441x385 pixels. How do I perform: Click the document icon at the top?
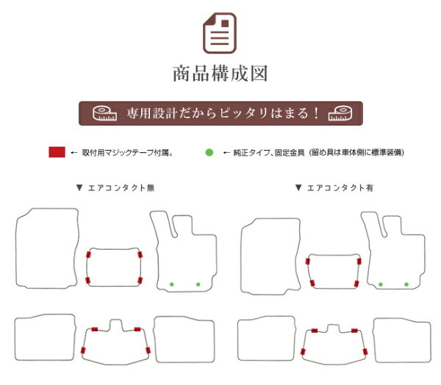220,33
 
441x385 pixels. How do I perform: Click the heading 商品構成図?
220,73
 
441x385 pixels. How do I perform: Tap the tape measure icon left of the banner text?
104,113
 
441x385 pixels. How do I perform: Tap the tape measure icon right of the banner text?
340,113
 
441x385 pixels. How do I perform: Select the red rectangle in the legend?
57,152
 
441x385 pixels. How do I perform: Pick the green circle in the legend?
209,152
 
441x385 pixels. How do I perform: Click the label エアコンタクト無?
121,188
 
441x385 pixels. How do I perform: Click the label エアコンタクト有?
340,188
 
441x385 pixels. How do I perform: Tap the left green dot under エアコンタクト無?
171,284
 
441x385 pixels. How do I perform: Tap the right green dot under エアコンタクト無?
198,284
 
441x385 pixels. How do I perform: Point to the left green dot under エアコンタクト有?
381,284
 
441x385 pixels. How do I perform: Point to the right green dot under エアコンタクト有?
406,284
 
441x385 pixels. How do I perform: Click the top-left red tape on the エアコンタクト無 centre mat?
88,255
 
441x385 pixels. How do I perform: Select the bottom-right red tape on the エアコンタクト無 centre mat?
140,281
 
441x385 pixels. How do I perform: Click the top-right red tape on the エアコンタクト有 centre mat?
359,262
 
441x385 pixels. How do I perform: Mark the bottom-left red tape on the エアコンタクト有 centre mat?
312,283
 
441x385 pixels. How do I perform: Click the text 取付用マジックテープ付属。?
127,153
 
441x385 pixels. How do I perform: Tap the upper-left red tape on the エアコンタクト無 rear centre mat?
95,329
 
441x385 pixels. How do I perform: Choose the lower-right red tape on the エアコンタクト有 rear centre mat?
365,352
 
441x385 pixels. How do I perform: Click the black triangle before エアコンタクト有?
298,187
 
